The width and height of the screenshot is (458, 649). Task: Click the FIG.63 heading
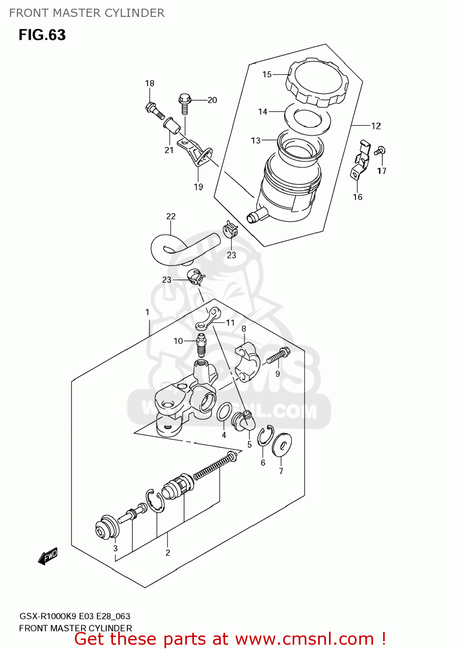[x=42, y=35]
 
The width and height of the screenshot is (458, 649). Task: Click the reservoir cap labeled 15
[x=317, y=83]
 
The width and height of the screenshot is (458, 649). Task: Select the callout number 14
[x=262, y=112]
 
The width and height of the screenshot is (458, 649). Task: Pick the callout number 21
[x=169, y=150]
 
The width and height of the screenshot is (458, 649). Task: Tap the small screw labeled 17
[x=380, y=151]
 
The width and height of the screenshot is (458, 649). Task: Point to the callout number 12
[x=376, y=126]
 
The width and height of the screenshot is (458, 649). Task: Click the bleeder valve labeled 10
[x=201, y=344]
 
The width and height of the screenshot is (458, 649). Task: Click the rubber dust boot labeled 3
[x=106, y=527]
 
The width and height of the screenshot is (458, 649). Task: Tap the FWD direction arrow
[x=48, y=556]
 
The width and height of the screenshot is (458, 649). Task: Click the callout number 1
[x=147, y=312]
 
